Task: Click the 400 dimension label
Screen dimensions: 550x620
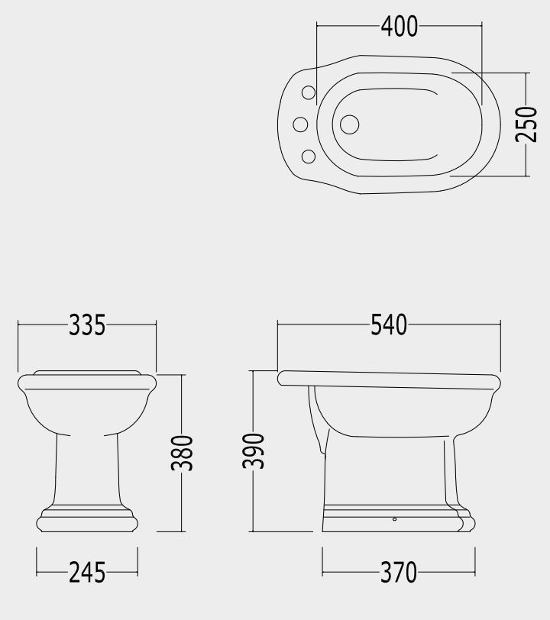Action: pos(400,27)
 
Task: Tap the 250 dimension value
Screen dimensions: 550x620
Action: pos(526,124)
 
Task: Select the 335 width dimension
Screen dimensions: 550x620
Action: pos(87,325)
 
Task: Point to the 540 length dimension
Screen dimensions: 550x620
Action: pos(389,325)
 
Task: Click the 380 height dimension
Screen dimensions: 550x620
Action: pos(182,453)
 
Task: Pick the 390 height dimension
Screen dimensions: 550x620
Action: pos(253,451)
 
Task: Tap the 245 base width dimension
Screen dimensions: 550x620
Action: pos(87,573)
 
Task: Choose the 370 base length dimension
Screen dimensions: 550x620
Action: pos(399,573)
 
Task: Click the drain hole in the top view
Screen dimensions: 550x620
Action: pos(349,124)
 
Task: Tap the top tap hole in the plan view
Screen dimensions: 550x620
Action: pos(309,93)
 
